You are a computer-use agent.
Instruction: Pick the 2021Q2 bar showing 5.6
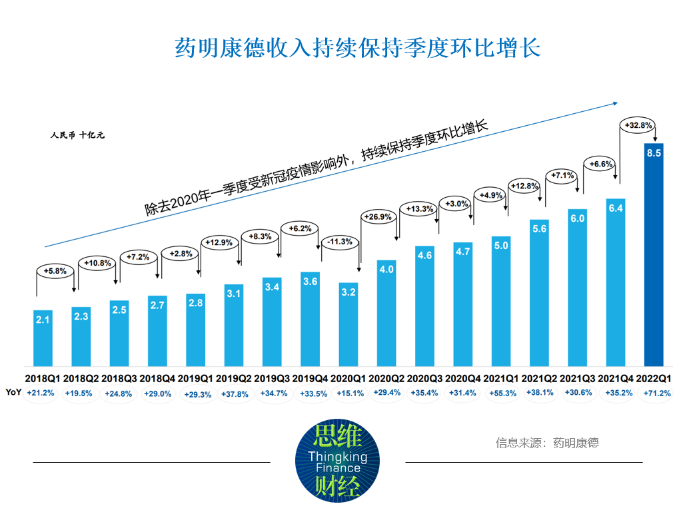539,293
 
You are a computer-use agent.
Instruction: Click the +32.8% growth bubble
638,125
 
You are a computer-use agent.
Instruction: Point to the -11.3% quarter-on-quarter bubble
341,242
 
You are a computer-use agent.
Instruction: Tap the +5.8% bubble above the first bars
55,272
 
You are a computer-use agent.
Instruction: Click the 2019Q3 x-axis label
272,378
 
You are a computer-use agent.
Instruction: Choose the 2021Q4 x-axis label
615,378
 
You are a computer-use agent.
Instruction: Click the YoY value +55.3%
501,393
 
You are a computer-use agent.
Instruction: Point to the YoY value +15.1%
348,393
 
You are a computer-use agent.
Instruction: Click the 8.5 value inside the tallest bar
654,154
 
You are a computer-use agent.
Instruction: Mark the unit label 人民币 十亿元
77,135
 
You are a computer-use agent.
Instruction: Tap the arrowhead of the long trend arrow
616,103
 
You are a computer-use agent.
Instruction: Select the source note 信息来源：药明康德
546,443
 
